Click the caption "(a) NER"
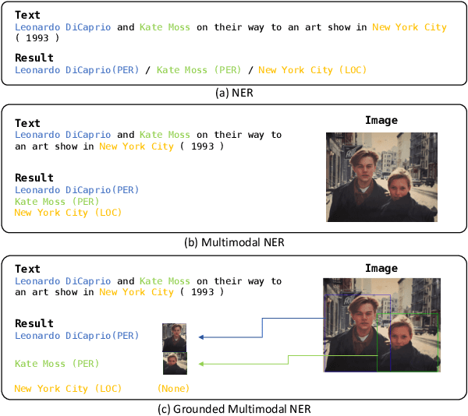point(233,93)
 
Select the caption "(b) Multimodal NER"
point(234,242)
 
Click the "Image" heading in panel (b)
point(381,120)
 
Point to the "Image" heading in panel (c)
point(381,268)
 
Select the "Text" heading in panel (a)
point(28,15)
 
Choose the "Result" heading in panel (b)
point(34,178)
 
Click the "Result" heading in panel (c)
point(34,323)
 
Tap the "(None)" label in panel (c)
point(173,388)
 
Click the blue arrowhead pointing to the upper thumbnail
point(201,337)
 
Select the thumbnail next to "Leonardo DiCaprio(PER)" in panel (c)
point(174,337)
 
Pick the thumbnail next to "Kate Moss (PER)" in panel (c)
point(175,364)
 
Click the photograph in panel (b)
point(382,177)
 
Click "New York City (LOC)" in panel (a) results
point(312,70)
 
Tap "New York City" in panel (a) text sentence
point(409,27)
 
